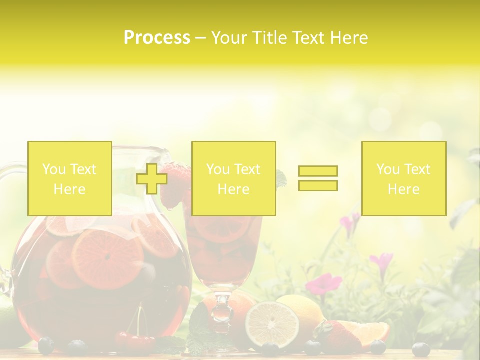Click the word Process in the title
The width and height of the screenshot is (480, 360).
coord(157,37)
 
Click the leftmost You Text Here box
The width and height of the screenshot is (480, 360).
coord(69,179)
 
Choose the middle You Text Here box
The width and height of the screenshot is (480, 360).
coord(233,179)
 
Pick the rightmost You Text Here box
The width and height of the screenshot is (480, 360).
coord(403,179)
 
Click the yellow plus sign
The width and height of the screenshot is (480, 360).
coord(152,179)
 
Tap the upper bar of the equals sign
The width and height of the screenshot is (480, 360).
coord(318,171)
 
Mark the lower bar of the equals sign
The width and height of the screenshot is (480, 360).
coord(318,186)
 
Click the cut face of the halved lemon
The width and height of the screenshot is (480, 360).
coord(272,324)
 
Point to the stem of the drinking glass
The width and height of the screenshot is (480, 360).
coord(222,307)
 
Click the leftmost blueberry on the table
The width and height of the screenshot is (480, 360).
coord(46,345)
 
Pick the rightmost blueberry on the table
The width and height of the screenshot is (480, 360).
coord(420,349)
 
